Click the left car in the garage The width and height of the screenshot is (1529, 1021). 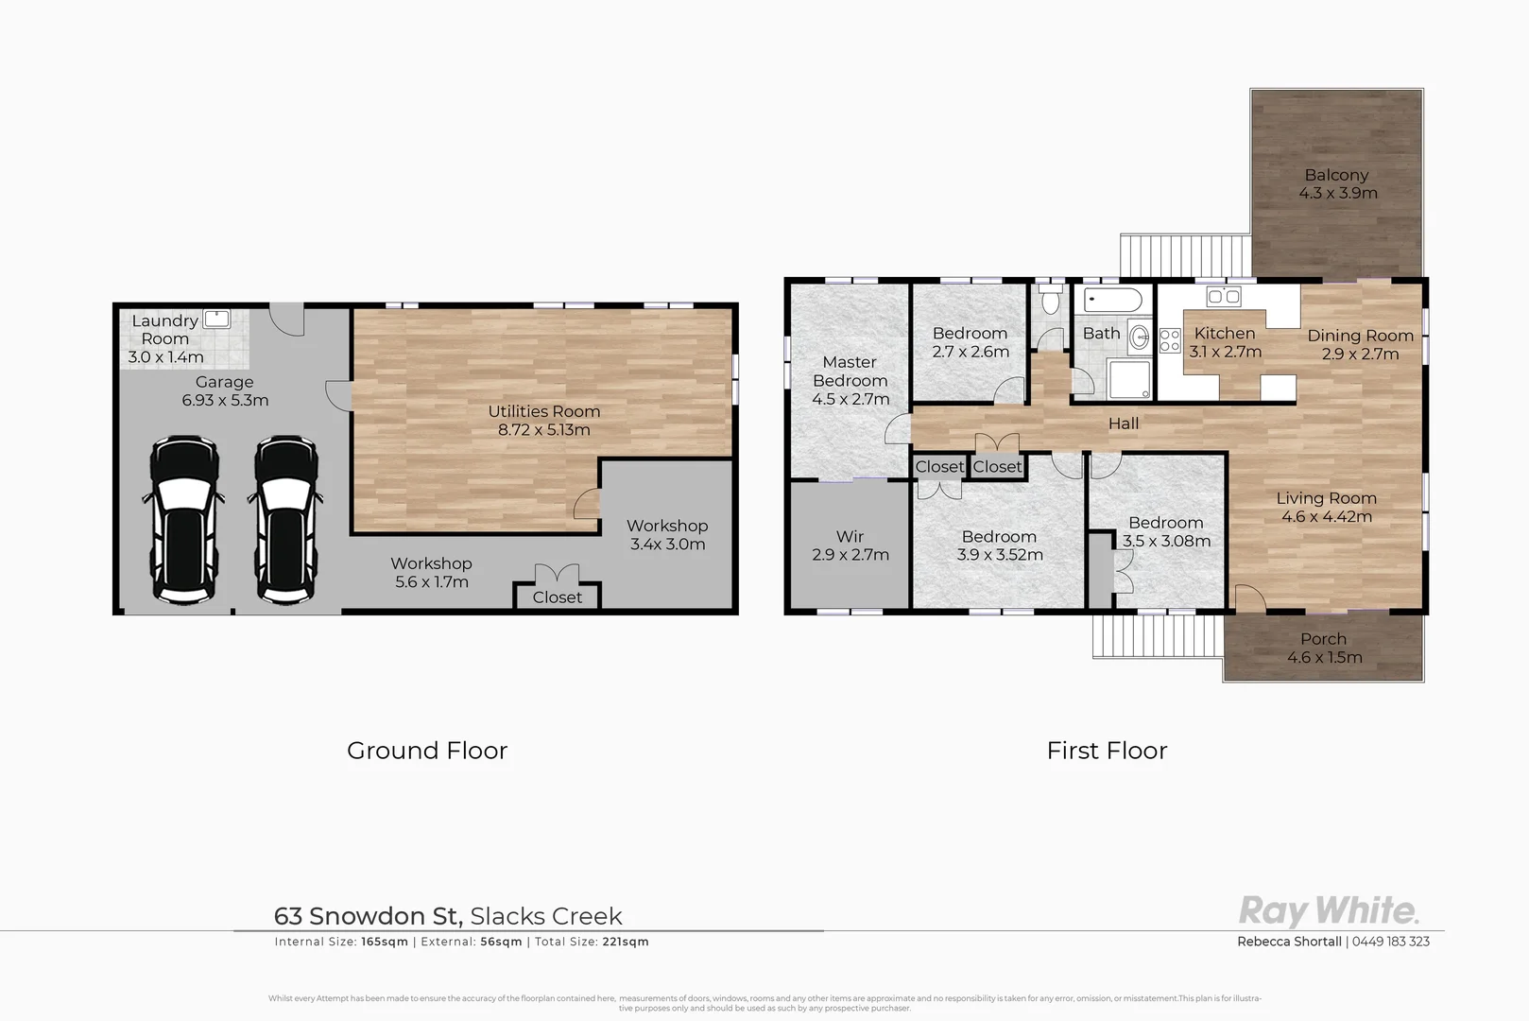pos(184,519)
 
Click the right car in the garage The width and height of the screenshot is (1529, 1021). pos(284,519)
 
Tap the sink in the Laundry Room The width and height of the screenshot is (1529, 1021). pos(217,319)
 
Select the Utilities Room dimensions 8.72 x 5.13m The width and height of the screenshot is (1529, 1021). pos(544,430)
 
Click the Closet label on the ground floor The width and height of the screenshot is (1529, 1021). pos(557,597)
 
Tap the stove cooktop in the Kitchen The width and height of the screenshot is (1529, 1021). pos(1170,340)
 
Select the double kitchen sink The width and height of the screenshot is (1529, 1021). pos(1225,297)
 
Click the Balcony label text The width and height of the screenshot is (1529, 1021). pos(1336,175)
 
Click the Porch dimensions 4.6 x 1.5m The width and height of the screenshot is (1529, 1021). pos(1324,658)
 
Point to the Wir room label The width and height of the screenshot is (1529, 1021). pos(850,537)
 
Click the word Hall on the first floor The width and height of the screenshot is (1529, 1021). pos(1123,424)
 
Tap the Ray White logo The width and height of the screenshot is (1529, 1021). pos(1328,911)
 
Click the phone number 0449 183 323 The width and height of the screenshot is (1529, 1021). pos(1390,942)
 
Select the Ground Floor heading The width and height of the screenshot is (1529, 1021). pos(427,751)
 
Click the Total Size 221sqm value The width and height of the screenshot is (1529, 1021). pos(625,942)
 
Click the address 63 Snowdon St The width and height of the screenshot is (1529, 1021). pos(367,916)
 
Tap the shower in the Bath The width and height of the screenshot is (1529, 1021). pos(1128,378)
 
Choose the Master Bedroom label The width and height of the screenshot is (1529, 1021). pos(850,372)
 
